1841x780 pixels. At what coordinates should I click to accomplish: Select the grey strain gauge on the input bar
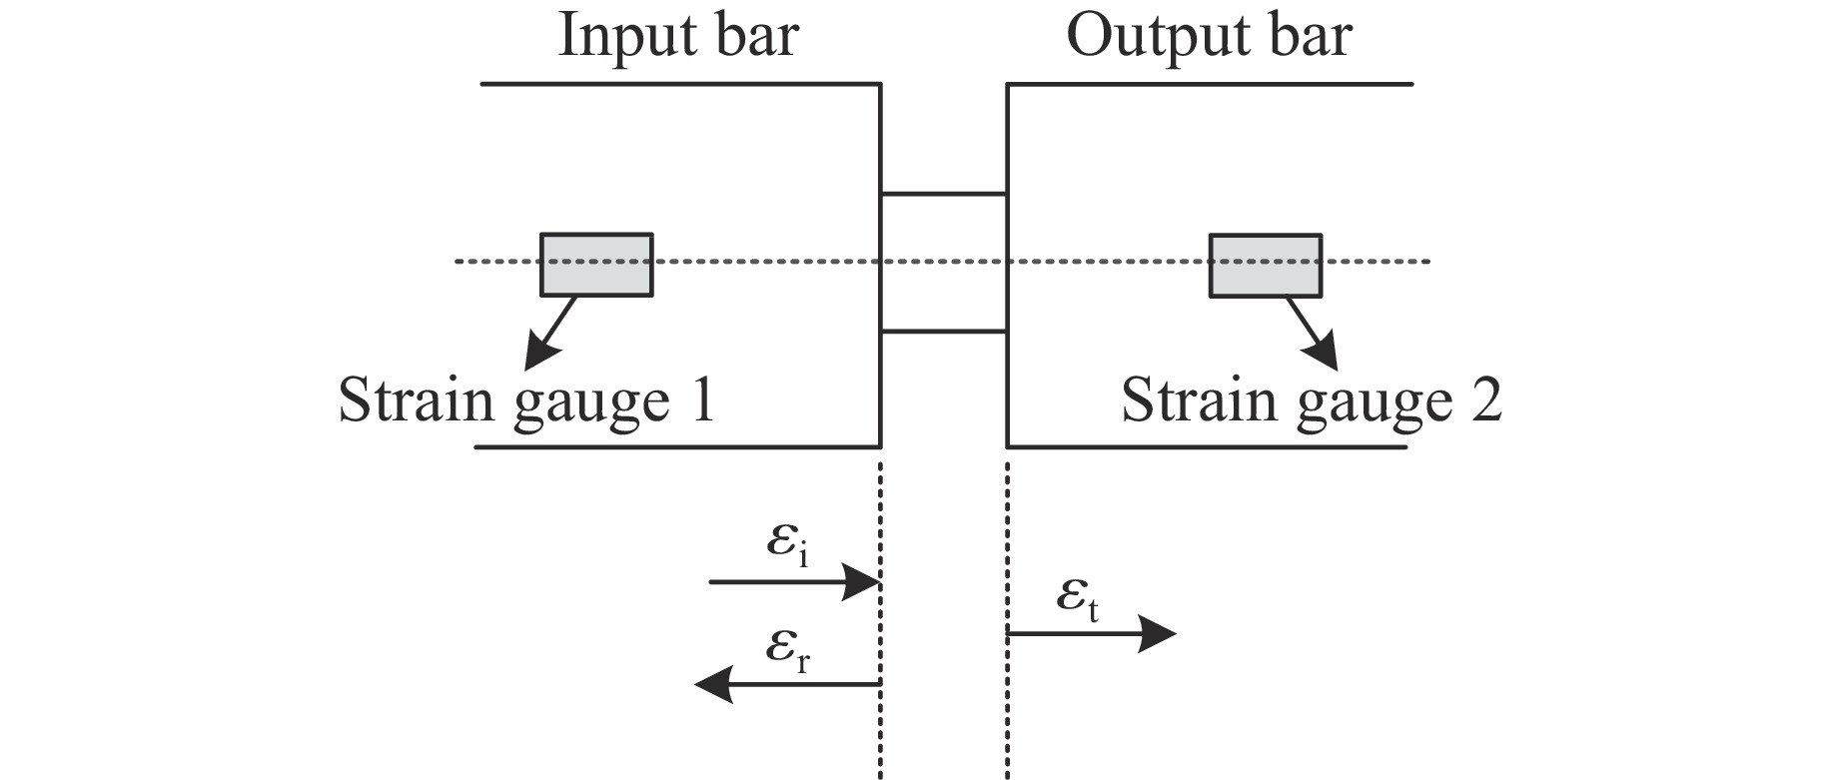(596, 265)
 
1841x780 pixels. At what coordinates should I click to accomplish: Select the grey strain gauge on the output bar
(1266, 265)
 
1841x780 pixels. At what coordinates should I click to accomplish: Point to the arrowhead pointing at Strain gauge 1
(540, 351)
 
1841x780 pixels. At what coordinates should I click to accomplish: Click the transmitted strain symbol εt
(1078, 598)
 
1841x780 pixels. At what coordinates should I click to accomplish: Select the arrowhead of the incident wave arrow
(860, 581)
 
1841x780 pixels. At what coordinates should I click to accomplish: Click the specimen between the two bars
(943, 262)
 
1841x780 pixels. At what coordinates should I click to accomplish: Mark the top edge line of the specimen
(943, 194)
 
